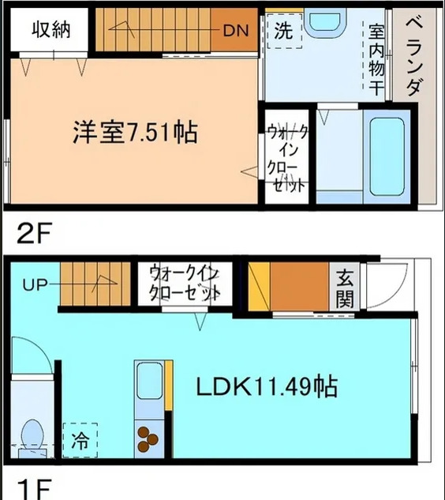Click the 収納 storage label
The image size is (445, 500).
coord(51,29)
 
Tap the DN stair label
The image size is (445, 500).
coord(236,32)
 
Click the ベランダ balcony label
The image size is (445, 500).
coord(415,56)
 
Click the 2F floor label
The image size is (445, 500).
coord(33,235)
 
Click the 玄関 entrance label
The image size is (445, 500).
coord(345,288)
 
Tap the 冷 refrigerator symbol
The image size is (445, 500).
coord(80,437)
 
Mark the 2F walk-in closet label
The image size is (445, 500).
coord(286,158)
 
